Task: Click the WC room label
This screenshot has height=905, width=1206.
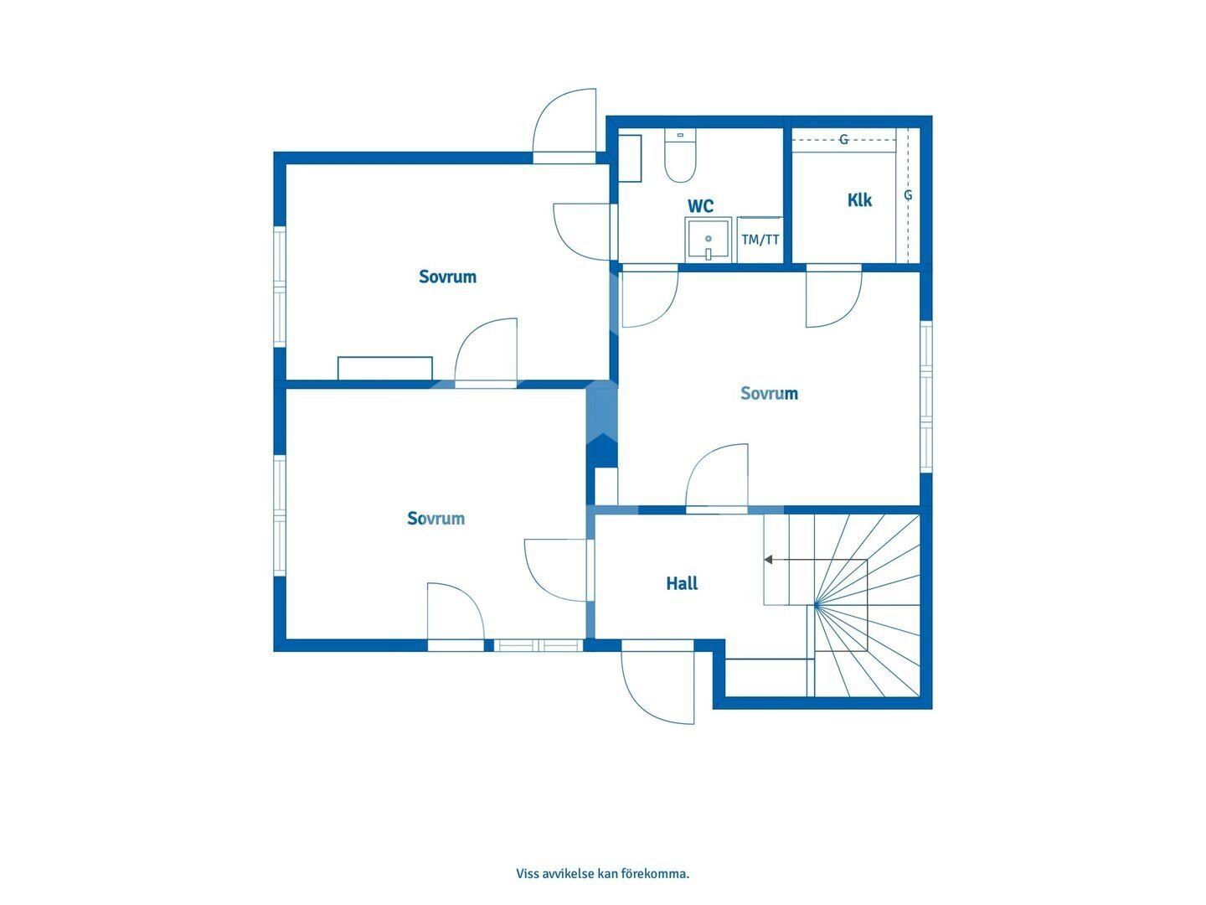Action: point(700,206)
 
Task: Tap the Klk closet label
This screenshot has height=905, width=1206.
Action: point(859,200)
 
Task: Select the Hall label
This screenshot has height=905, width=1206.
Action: point(682,583)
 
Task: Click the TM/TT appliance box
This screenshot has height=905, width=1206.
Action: point(760,240)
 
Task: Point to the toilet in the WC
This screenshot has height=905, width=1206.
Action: point(680,156)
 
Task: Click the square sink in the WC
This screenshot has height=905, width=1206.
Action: point(709,240)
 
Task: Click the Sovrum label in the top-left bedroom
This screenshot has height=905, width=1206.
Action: point(447,277)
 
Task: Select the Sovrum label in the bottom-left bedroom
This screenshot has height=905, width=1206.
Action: point(435,518)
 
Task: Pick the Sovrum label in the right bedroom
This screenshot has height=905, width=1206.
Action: point(769,393)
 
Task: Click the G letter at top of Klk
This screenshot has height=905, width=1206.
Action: point(843,140)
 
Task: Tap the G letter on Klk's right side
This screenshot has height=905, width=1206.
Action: point(908,195)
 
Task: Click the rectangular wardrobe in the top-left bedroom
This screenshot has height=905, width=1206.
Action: point(384,368)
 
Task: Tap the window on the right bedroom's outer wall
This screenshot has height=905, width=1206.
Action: point(926,396)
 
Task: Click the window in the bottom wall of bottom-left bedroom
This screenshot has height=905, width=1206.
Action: point(538,645)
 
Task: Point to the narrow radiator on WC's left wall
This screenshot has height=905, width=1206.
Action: point(630,158)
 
